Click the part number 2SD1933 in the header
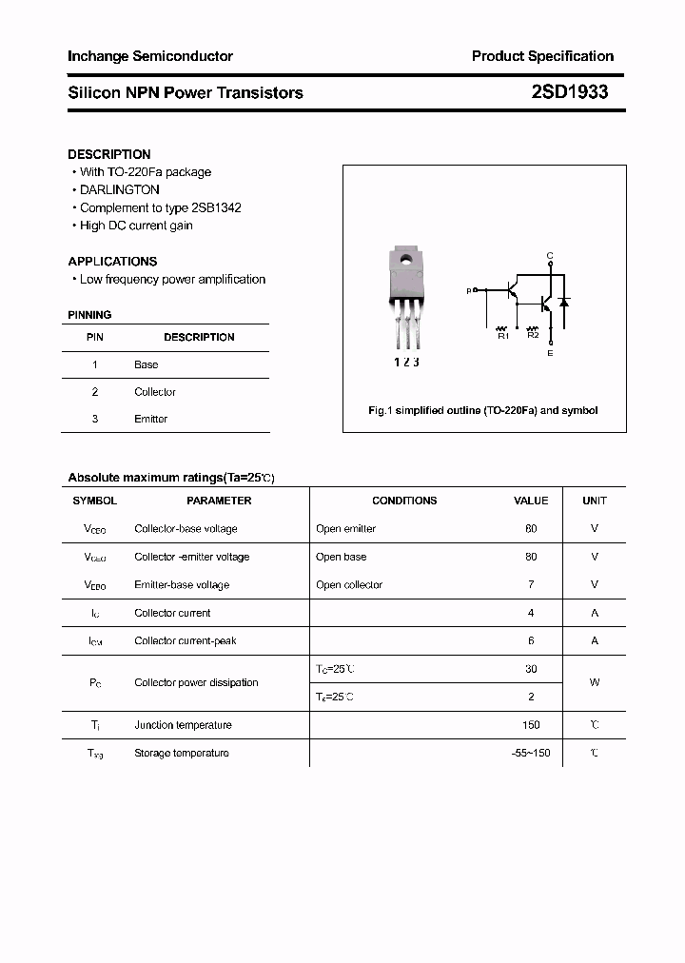coord(569,92)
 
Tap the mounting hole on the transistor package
coord(406,260)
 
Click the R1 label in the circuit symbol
coord(503,335)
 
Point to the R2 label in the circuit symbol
coord(533,335)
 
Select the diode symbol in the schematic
coord(563,303)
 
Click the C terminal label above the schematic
coord(550,256)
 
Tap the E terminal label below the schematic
coord(550,353)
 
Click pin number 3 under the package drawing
coord(416,362)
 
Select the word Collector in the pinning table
coord(155,392)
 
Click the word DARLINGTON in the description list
coord(120,190)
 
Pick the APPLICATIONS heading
coord(112,261)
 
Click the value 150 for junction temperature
coord(531,725)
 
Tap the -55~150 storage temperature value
coord(531,754)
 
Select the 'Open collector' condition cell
coord(349,585)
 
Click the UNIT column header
coord(595,501)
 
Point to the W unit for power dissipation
coord(595,683)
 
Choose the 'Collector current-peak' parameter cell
coord(186,641)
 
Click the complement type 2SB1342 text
coord(216,207)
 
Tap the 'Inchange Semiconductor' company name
coord(150,56)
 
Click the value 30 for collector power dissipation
coord(531,670)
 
